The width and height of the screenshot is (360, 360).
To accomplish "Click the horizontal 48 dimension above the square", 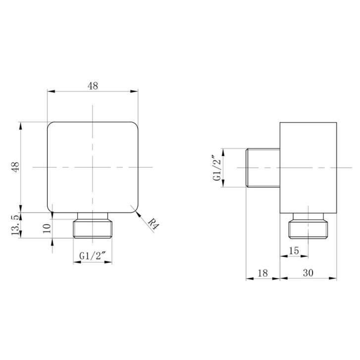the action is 93,86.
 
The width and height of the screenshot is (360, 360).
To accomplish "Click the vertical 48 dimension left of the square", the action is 16,167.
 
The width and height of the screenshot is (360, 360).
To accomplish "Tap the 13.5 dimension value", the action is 15,225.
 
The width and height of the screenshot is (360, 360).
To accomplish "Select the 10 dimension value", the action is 47,228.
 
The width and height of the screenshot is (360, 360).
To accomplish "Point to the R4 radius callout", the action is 153,224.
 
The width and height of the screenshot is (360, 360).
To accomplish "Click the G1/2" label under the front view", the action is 93,256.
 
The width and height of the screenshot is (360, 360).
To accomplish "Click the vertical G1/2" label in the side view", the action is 217,168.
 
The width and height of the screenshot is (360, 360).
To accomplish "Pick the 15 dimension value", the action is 294,251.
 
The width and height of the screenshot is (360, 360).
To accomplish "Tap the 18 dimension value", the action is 262,273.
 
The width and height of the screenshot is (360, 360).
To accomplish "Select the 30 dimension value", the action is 308,273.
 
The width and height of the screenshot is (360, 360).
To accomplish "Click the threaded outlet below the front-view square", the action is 93,229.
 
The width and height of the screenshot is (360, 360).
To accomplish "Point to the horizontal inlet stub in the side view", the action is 263,168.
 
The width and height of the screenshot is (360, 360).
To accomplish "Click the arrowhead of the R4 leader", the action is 138,214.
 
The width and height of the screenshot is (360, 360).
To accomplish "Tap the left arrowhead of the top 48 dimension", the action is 51,92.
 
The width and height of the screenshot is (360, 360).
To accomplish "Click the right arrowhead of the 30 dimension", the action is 333,278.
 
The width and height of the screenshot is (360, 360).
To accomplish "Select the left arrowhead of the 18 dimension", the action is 250,278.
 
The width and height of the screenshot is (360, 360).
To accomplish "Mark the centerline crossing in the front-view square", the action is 93,167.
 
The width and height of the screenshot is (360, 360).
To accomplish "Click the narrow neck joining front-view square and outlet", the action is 93,216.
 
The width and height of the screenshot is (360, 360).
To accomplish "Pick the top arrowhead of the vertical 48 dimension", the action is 21,126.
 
